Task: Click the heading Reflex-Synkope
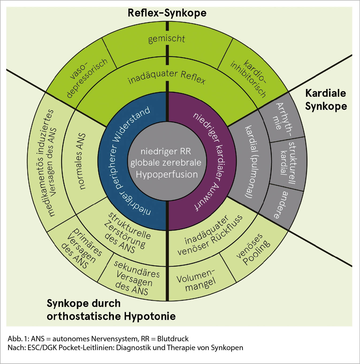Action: coord(167,13)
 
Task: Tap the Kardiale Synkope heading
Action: coord(326,99)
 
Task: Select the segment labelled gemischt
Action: coord(166,39)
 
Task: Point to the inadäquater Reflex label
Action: coord(166,77)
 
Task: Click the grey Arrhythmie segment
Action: coord(282,118)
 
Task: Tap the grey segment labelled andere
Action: coord(282,205)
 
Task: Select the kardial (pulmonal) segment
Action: coord(250,162)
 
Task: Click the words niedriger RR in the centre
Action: coord(166,151)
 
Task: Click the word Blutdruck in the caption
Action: coord(173,339)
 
